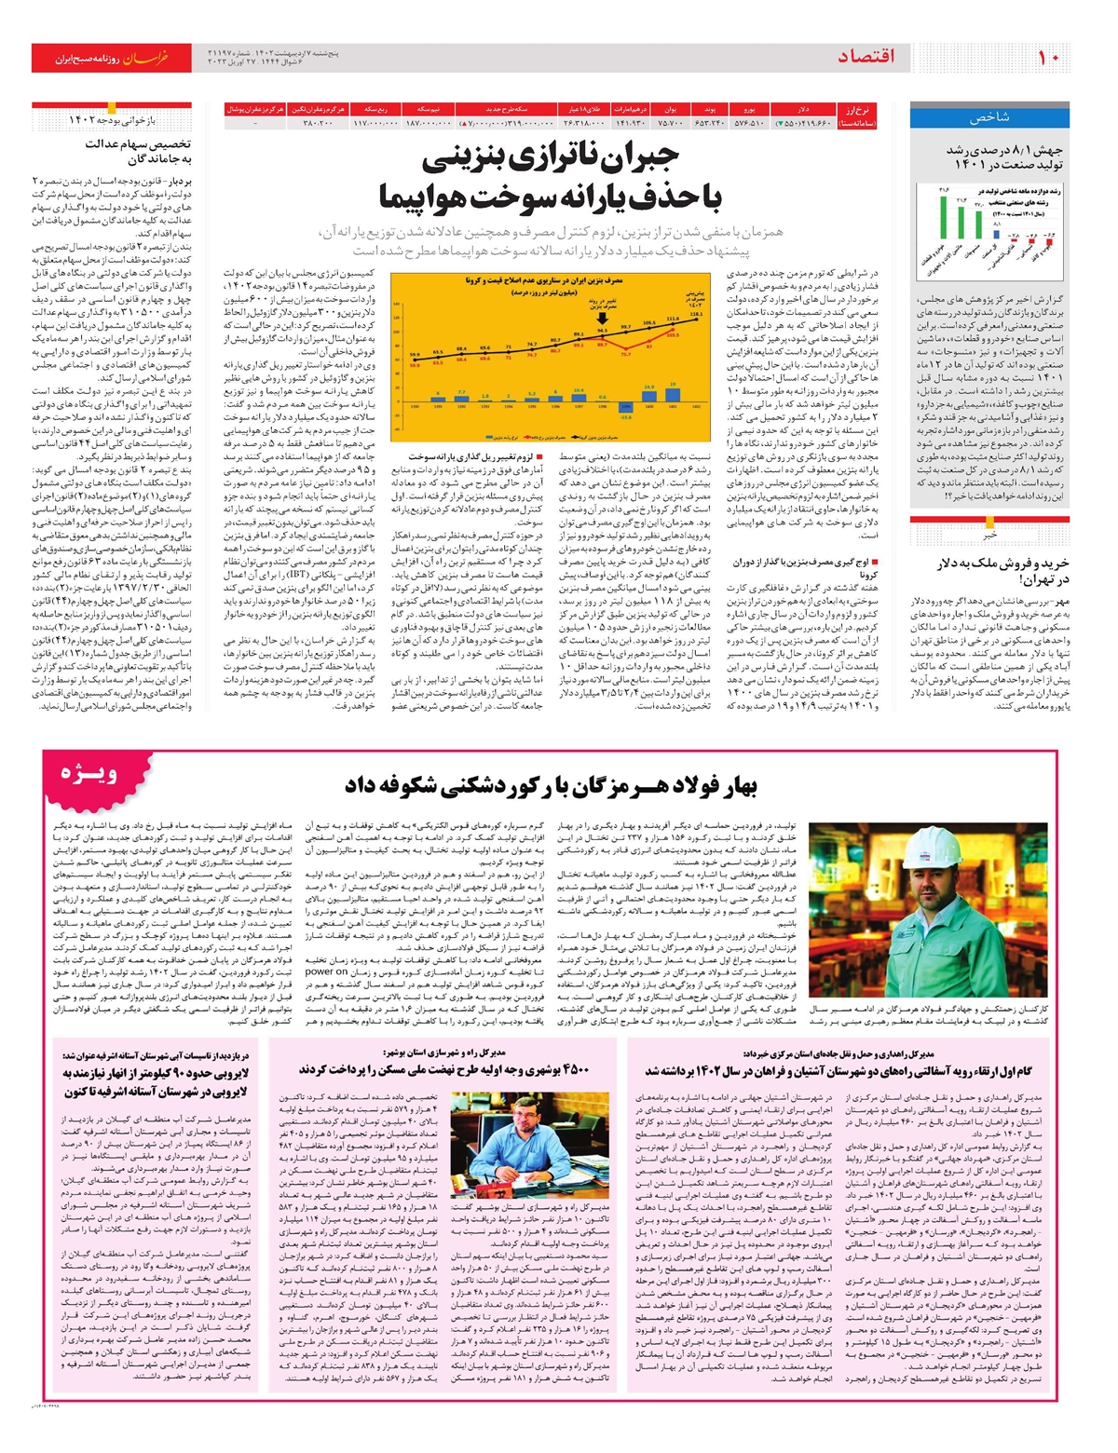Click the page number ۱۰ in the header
tap(1049, 57)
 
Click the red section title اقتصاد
tap(866, 57)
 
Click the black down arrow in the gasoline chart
tap(602, 318)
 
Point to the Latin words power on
tap(326, 971)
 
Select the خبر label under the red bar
tap(989, 535)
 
